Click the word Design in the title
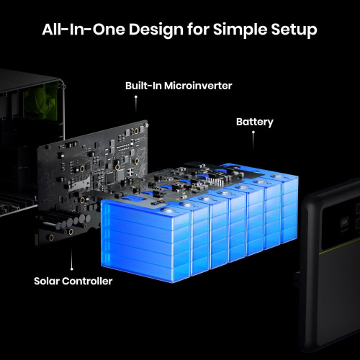(156, 30)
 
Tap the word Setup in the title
(294, 30)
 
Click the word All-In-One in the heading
(84, 30)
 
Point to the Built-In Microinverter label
(179, 86)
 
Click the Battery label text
(255, 122)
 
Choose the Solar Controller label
(73, 281)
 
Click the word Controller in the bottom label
(87, 281)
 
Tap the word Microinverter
(198, 86)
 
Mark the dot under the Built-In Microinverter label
(136, 96)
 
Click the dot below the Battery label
(253, 132)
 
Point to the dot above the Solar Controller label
(72, 269)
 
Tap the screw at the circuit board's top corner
(146, 125)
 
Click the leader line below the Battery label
(253, 142)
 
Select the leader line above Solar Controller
(72, 258)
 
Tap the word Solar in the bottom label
(47, 281)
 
